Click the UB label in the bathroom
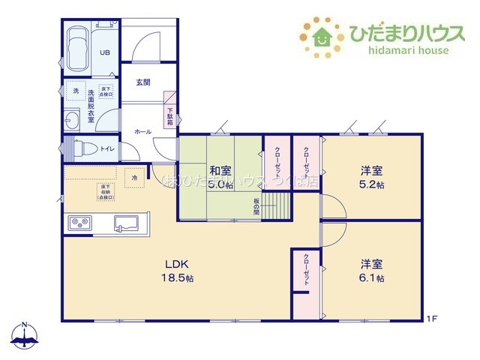click(106, 52)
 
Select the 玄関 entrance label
click(145, 82)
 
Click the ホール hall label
click(142, 132)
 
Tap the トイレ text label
click(107, 148)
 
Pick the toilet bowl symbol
click(81, 147)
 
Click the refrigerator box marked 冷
click(135, 178)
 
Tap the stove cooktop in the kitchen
click(80, 223)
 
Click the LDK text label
click(179, 264)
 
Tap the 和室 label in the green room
click(220, 169)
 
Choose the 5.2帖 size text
click(372, 184)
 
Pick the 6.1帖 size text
click(372, 278)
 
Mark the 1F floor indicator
click(433, 320)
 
